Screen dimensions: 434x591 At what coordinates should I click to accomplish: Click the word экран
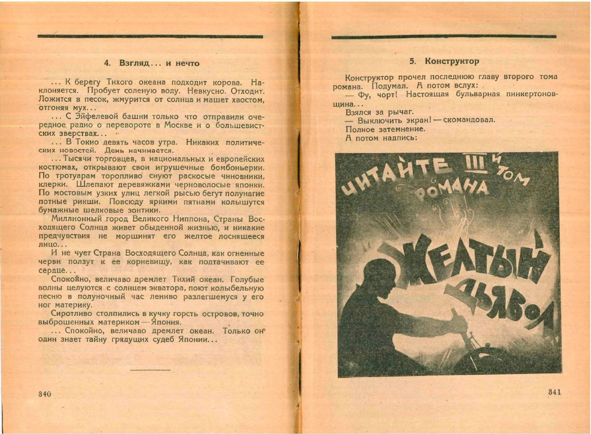(x=417, y=120)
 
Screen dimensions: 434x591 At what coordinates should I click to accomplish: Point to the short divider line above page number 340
(x=150, y=370)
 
